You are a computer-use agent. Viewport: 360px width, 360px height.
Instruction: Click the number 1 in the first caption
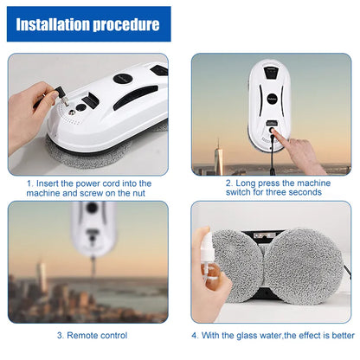[29, 183]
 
